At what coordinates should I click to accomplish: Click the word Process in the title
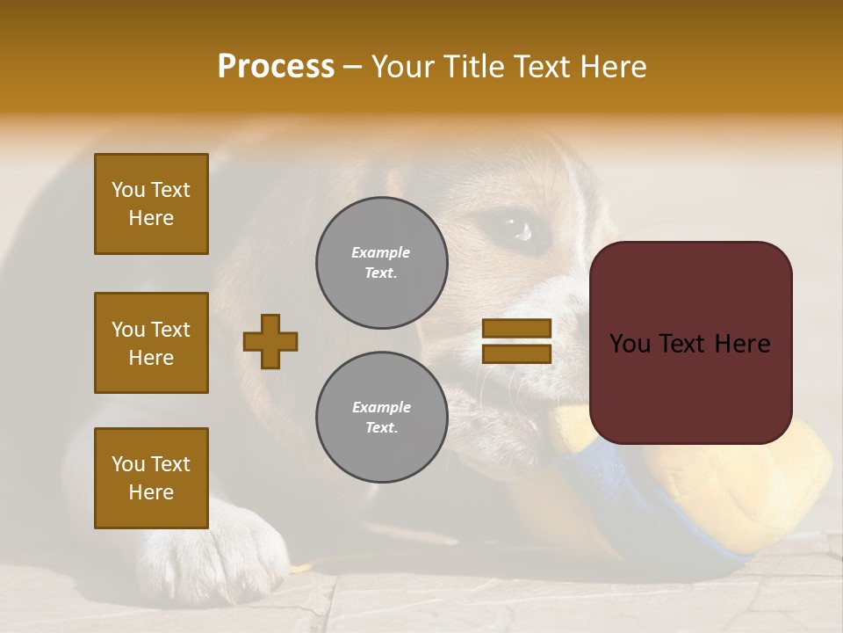[276, 67]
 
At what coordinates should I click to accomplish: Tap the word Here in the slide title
[608, 67]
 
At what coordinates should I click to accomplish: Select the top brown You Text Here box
[151, 204]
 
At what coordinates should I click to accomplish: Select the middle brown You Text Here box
[151, 343]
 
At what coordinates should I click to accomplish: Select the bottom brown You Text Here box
[151, 477]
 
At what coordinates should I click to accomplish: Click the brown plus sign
[270, 341]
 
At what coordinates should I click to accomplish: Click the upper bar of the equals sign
[517, 328]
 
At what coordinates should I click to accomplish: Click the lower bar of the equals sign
[517, 353]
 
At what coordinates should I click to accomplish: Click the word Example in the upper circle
[380, 252]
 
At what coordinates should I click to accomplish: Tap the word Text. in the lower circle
[381, 427]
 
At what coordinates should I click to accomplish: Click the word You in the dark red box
[630, 343]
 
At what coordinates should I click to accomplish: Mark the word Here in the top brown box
[151, 218]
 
